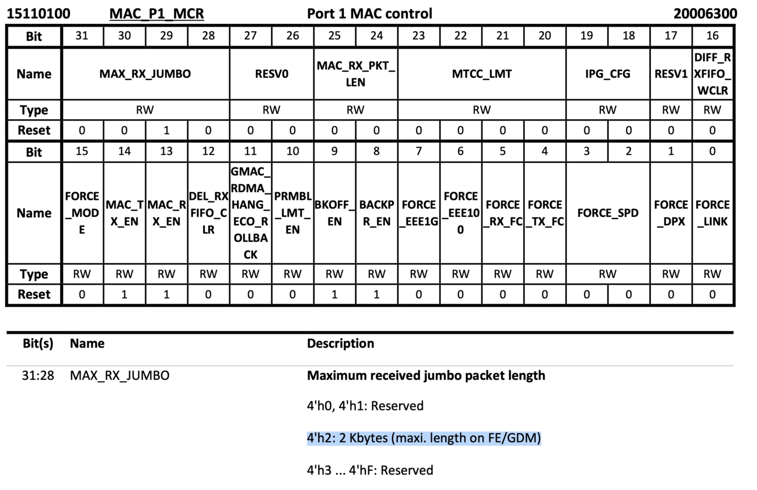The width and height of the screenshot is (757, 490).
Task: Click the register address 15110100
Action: coord(39,14)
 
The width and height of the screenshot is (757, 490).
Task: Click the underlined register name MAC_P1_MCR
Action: coord(157,14)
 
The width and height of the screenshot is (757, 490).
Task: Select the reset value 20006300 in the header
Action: coord(705,14)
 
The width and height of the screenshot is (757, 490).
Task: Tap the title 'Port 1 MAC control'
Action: coord(369,14)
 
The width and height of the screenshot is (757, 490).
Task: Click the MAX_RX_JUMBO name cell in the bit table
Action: coord(145,74)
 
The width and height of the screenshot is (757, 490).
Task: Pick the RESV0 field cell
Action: coord(272,74)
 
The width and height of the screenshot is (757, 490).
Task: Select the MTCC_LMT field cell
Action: coord(482,74)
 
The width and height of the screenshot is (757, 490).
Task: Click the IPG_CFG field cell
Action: coord(608,74)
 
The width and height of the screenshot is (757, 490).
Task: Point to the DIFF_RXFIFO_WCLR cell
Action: coord(712,74)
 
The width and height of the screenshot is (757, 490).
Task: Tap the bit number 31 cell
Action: coord(82,36)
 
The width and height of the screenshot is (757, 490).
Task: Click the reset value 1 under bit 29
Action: coord(166,130)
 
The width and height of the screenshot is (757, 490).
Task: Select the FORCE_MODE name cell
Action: coord(82,213)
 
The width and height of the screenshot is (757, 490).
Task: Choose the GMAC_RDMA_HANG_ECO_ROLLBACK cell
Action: coord(250,213)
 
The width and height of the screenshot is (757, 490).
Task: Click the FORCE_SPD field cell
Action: coord(608,213)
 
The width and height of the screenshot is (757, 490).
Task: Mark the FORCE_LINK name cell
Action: coord(712,213)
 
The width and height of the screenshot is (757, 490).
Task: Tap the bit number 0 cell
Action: coord(712,151)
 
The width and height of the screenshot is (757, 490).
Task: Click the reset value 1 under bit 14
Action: coord(124,294)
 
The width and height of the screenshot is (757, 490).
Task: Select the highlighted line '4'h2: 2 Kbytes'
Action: coord(424,438)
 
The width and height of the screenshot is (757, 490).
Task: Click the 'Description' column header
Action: coord(340,344)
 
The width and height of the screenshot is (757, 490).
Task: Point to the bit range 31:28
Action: coord(38,376)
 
